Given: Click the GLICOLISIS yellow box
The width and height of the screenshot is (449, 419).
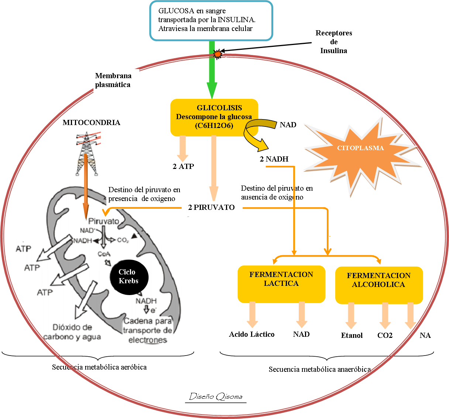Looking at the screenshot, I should tap(214, 117).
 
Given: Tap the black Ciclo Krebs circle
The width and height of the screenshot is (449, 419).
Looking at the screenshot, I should tap(129, 276).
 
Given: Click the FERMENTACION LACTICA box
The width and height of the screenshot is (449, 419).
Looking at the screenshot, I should tap(281, 283).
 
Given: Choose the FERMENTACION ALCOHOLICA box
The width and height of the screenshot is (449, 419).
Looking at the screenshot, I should tap(378, 285).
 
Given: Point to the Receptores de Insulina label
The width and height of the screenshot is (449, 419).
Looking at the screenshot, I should tap(334, 42).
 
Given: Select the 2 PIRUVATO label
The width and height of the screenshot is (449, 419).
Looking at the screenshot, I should tap(212, 208).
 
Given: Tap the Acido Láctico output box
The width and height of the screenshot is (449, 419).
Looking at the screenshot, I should tap(252, 335).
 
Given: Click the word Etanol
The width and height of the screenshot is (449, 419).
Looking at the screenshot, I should tap(352, 336).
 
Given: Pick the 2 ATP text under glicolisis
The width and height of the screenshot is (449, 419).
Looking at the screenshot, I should tap(183, 166).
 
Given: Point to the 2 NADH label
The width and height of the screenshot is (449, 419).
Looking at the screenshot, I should tap(274, 159).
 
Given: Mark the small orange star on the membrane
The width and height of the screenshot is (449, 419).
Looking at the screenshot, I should tap(218, 54).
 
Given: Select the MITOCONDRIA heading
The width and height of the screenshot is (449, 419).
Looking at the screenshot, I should tap(91, 123).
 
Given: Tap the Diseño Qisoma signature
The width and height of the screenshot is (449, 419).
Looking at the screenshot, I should tap(216, 397).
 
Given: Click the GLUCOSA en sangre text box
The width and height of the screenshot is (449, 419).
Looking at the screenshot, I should tap(211, 20).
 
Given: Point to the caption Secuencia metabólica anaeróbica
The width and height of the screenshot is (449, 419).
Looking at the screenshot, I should tap(319, 370).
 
